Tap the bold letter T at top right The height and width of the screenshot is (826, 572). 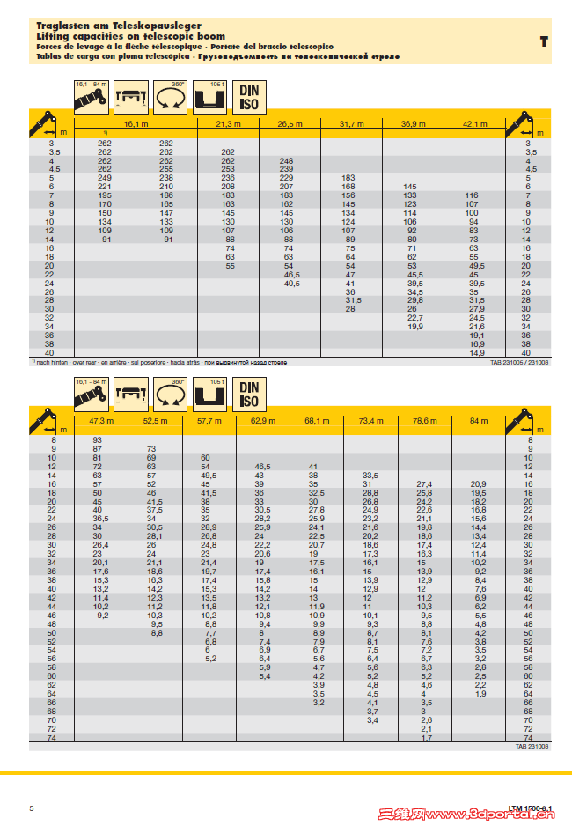tap(544, 41)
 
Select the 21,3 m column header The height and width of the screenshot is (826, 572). tap(228, 124)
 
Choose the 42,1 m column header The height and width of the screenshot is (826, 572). tap(474, 124)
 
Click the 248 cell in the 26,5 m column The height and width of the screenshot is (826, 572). tap(286, 160)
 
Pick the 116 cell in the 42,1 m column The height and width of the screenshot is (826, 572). tap(472, 195)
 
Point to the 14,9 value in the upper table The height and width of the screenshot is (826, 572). tap(476, 352)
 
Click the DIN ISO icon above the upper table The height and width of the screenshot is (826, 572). tap(249, 96)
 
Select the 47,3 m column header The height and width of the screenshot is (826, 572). tap(103, 421)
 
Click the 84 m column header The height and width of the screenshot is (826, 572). tap(478, 421)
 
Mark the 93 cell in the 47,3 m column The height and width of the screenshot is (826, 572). tap(98, 439)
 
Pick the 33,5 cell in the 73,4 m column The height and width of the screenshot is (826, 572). tap(370, 476)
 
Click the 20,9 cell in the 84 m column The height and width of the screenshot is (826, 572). tap(478, 484)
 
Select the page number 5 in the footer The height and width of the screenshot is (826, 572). tap(32, 808)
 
